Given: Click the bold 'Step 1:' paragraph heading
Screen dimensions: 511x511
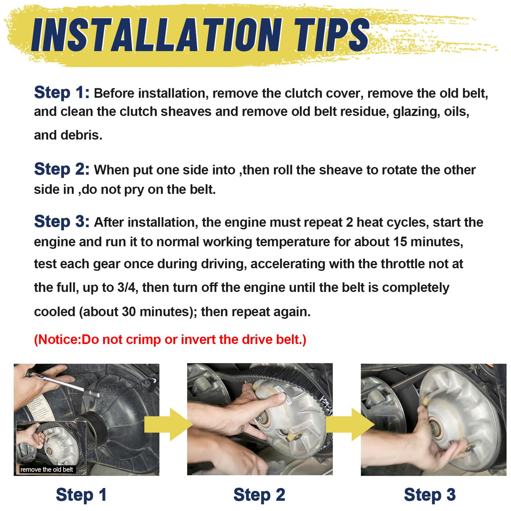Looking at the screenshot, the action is pos(62,93).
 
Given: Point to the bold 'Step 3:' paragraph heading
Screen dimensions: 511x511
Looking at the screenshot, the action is pos(62,221).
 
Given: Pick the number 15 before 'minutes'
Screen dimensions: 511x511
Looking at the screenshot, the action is pos(400,242).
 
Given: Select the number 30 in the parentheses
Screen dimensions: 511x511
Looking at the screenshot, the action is pos(129,312).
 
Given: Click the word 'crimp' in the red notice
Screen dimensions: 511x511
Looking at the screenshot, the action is pos(143,340).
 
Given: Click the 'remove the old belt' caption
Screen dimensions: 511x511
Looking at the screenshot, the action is pos(46,470).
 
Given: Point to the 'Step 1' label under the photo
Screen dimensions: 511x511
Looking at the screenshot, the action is pos(81,495).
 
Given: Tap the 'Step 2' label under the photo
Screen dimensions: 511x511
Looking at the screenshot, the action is pos(260,495).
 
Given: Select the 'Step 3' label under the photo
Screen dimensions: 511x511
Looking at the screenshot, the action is pos(430,495).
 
